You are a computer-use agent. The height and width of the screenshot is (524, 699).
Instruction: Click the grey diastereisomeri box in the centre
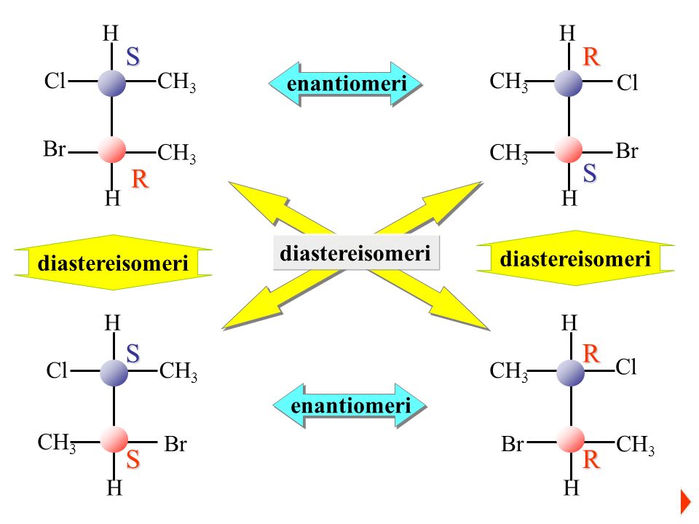pyautogui.click(x=356, y=253)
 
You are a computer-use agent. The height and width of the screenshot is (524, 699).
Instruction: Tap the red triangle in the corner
pyautogui.click(x=684, y=501)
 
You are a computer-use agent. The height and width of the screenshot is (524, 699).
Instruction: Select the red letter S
pyautogui.click(x=133, y=461)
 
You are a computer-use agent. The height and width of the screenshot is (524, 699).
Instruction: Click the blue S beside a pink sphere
pyautogui.click(x=590, y=174)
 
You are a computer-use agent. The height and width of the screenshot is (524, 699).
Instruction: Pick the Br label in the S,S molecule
pyautogui.click(x=175, y=445)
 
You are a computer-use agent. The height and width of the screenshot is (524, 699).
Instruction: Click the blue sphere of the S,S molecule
pyautogui.click(x=114, y=373)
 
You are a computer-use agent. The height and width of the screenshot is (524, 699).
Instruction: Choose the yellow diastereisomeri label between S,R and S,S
pyautogui.click(x=113, y=263)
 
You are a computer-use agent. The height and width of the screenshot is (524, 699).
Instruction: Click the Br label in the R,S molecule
pyautogui.click(x=627, y=151)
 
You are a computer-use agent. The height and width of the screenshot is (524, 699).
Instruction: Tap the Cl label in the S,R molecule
pyautogui.click(x=55, y=82)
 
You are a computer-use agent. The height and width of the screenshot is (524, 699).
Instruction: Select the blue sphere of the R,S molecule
pyautogui.click(x=568, y=82)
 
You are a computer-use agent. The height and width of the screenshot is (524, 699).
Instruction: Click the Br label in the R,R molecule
pyautogui.click(x=513, y=445)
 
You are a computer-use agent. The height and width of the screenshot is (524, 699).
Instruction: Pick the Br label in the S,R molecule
pyautogui.click(x=54, y=150)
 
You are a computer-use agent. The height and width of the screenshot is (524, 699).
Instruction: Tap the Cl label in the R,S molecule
pyautogui.click(x=627, y=84)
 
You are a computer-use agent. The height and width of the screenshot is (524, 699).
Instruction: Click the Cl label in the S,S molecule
pyautogui.click(x=57, y=372)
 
